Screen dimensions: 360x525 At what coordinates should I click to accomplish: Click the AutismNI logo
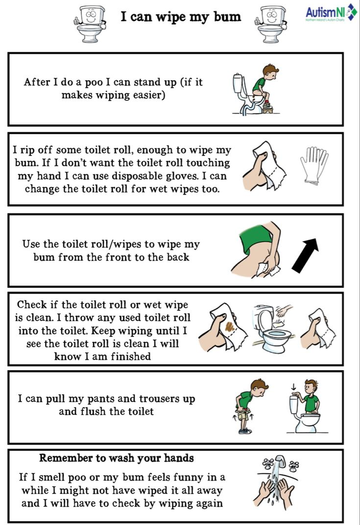[331, 13]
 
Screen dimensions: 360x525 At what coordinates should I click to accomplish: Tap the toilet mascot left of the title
[90, 24]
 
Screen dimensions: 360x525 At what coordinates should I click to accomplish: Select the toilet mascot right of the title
[271, 24]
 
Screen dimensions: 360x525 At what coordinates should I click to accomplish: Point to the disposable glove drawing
[314, 165]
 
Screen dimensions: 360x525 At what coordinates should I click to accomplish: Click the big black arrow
[305, 255]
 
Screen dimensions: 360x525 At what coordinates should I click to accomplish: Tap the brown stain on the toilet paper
[230, 327]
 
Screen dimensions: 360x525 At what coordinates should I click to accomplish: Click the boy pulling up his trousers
[249, 406]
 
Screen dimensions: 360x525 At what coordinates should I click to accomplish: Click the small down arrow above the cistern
[293, 387]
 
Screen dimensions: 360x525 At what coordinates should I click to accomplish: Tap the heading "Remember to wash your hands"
[117, 458]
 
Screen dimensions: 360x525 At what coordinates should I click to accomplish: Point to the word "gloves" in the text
[186, 176]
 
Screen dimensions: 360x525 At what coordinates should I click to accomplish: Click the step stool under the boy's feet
[267, 108]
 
